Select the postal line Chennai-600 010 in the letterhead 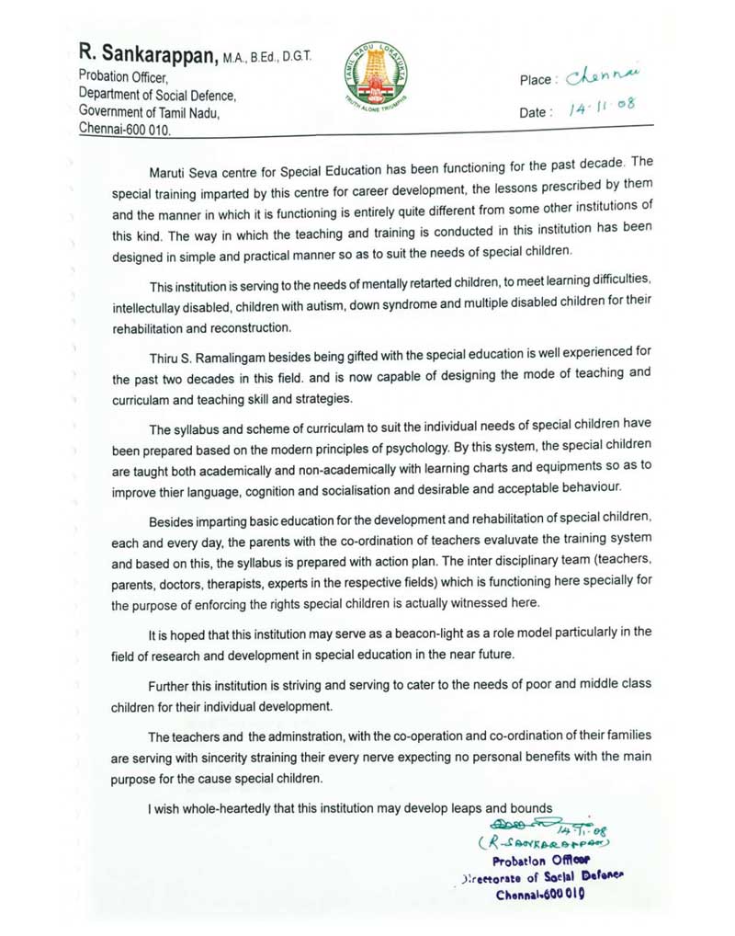(124, 130)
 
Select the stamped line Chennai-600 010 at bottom (540, 893)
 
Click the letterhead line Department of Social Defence (158, 95)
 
